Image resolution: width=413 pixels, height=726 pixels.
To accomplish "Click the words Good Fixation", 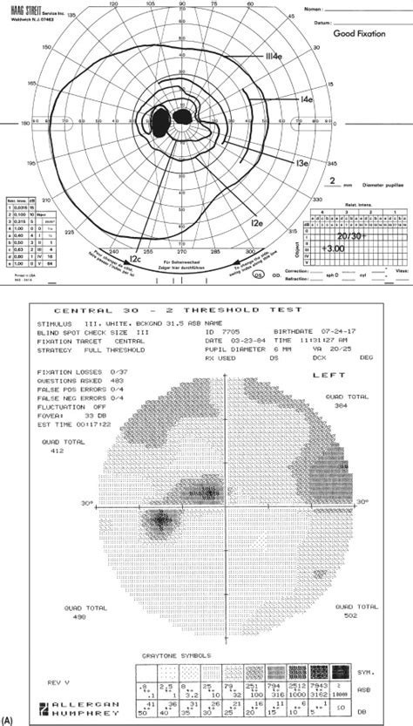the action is tap(362, 32).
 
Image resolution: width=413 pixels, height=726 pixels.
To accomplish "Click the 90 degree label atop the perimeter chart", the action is tap(181, 4).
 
